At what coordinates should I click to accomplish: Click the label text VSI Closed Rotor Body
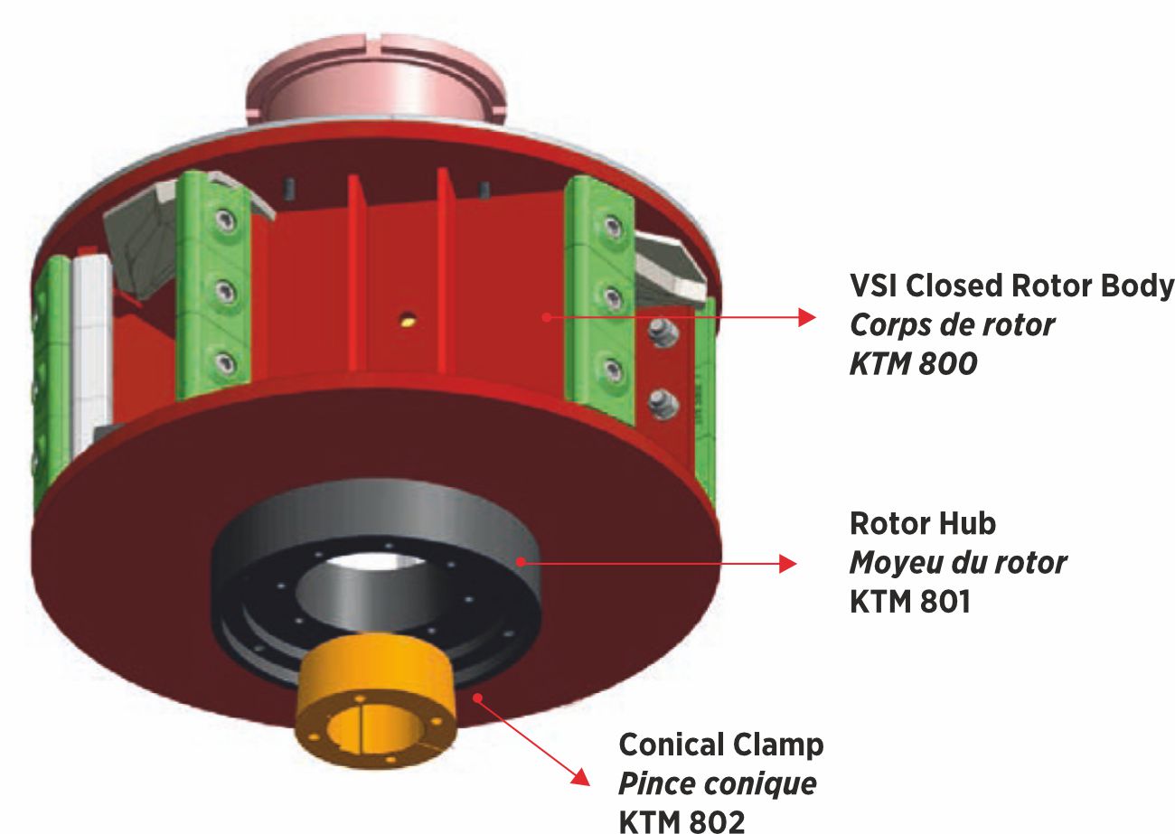1011,286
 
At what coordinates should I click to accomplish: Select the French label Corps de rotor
952,325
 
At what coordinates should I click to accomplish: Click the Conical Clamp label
721,745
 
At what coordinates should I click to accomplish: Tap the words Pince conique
717,783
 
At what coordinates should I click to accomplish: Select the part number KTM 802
682,820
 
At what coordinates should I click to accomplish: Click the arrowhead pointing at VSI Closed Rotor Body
804,317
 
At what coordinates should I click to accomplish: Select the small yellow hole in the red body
409,317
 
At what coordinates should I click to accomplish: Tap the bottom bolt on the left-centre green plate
222,364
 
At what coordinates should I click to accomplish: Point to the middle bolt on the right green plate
613,296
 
